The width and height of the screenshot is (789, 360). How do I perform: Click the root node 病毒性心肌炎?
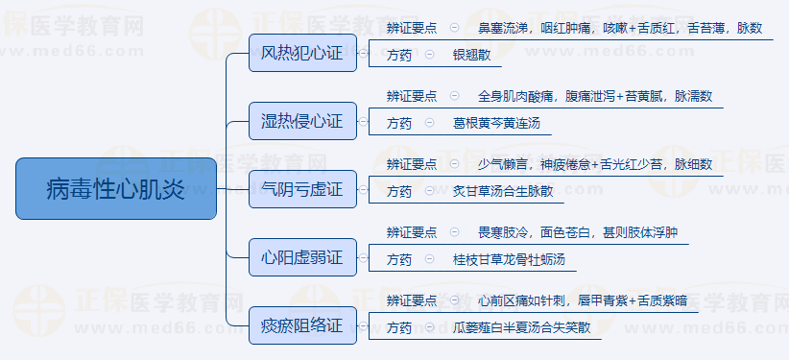tap(116, 189)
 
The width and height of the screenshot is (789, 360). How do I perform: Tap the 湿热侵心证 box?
tap(302, 121)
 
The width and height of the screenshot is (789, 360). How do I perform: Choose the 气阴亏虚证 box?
tap(302, 189)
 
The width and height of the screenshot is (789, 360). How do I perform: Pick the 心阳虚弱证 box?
tap(302, 257)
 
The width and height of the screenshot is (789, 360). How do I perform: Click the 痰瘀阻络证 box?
tap(302, 325)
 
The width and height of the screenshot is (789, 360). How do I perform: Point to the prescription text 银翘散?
tap(471, 56)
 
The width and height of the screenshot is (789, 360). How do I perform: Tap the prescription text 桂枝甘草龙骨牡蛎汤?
tap(510, 260)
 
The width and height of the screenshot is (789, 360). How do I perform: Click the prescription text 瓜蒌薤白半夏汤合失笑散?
tap(522, 328)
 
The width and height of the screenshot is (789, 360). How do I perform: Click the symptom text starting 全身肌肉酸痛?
tap(594, 97)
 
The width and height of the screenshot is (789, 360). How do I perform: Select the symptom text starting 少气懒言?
tap(594, 165)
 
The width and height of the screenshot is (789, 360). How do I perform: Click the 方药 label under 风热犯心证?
tap(399, 56)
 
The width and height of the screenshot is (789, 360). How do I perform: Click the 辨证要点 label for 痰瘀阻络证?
tap(411, 301)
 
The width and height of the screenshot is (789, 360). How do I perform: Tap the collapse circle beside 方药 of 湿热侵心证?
tap(429, 124)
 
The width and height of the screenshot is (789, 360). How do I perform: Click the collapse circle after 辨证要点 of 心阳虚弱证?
tap(453, 233)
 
